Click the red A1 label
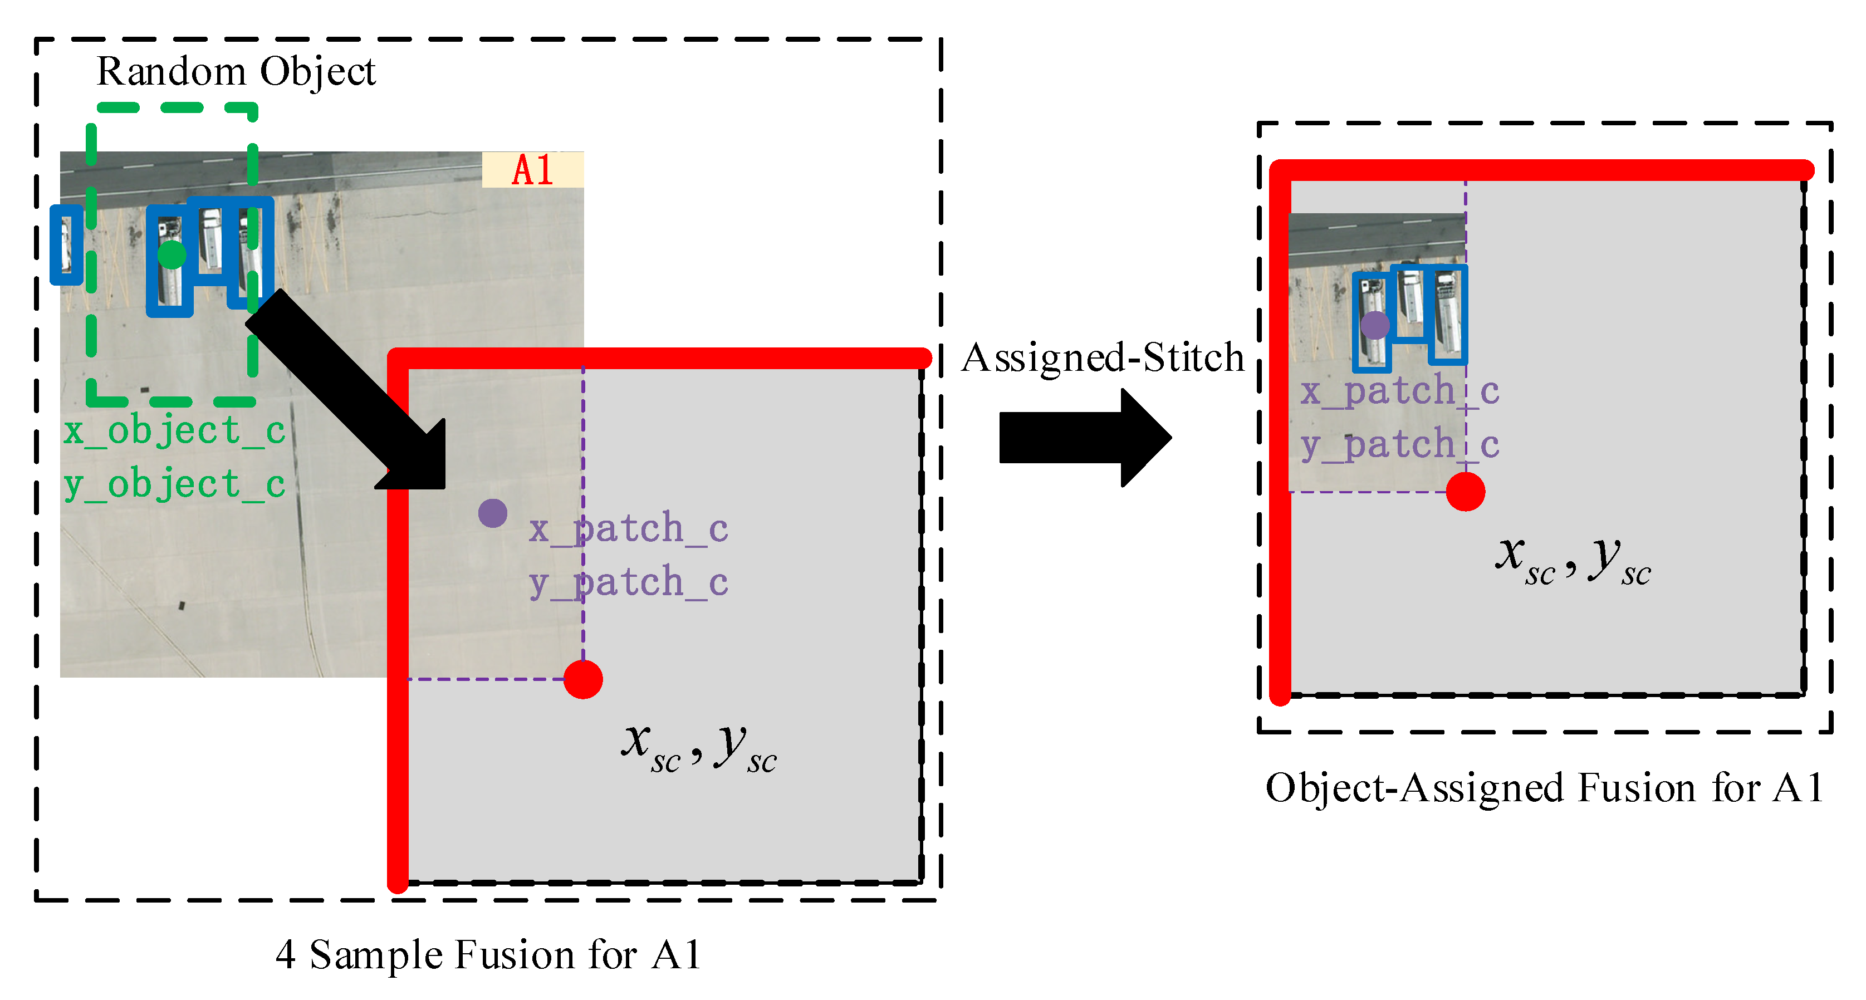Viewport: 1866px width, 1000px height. coord(532,170)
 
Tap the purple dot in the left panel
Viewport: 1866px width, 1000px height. coord(493,513)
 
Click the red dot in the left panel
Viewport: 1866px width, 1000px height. coord(583,679)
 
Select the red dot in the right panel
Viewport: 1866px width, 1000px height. coord(1466,492)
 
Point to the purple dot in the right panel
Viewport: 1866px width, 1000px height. coord(1375,325)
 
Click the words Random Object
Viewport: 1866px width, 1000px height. coord(236,72)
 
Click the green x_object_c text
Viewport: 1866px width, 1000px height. coord(174,431)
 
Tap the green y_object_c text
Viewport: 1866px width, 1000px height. coord(174,484)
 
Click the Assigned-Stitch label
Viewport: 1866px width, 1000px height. coord(1102,357)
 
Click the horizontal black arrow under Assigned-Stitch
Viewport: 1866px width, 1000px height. coord(1083,438)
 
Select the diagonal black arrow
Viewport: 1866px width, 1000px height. coord(347,391)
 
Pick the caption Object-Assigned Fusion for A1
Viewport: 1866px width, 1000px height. coord(1544,788)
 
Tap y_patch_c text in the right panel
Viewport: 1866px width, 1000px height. coord(1399,445)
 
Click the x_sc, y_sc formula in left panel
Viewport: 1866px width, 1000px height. coord(698,747)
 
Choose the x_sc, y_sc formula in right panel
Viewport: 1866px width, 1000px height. coord(1573,560)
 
